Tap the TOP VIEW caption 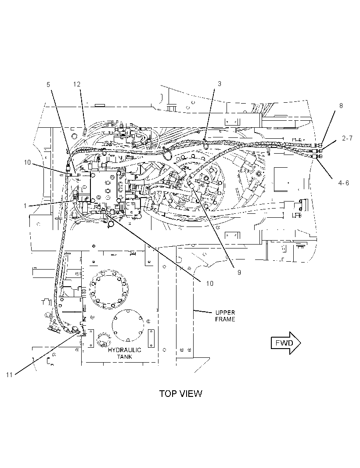(180, 393)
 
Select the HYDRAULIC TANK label (125, 353)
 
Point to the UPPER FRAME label (225, 316)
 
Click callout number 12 (77, 84)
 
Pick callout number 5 (48, 84)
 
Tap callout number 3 (220, 83)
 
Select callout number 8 (341, 106)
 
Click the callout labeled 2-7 (347, 138)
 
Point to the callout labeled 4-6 (344, 183)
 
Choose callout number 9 (239, 272)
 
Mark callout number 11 (9, 374)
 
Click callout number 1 (25, 206)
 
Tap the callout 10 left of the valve (27, 162)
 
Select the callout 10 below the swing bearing (210, 283)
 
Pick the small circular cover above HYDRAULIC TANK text (102, 340)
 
